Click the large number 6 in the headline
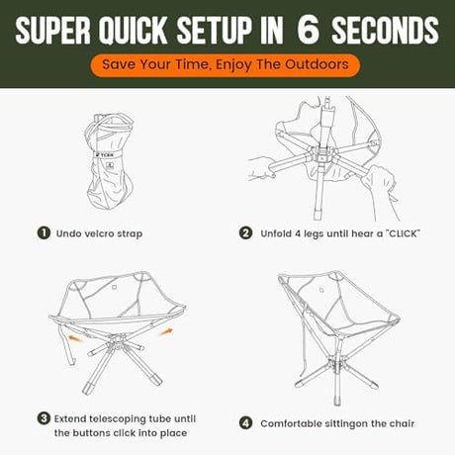(x=309, y=30)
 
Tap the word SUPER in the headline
(x=52, y=30)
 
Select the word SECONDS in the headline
(x=385, y=30)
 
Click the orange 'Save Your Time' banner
(x=226, y=65)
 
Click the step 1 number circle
(x=44, y=233)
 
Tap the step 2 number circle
(x=245, y=233)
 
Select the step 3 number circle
(x=44, y=418)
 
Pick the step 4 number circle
(x=245, y=423)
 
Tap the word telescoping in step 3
(x=118, y=419)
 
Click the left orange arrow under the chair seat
(x=75, y=338)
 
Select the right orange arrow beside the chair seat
(x=166, y=331)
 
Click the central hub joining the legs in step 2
(x=320, y=154)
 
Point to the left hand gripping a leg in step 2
(x=262, y=168)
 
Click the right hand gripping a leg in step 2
(x=379, y=181)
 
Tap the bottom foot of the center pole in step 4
(x=336, y=401)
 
